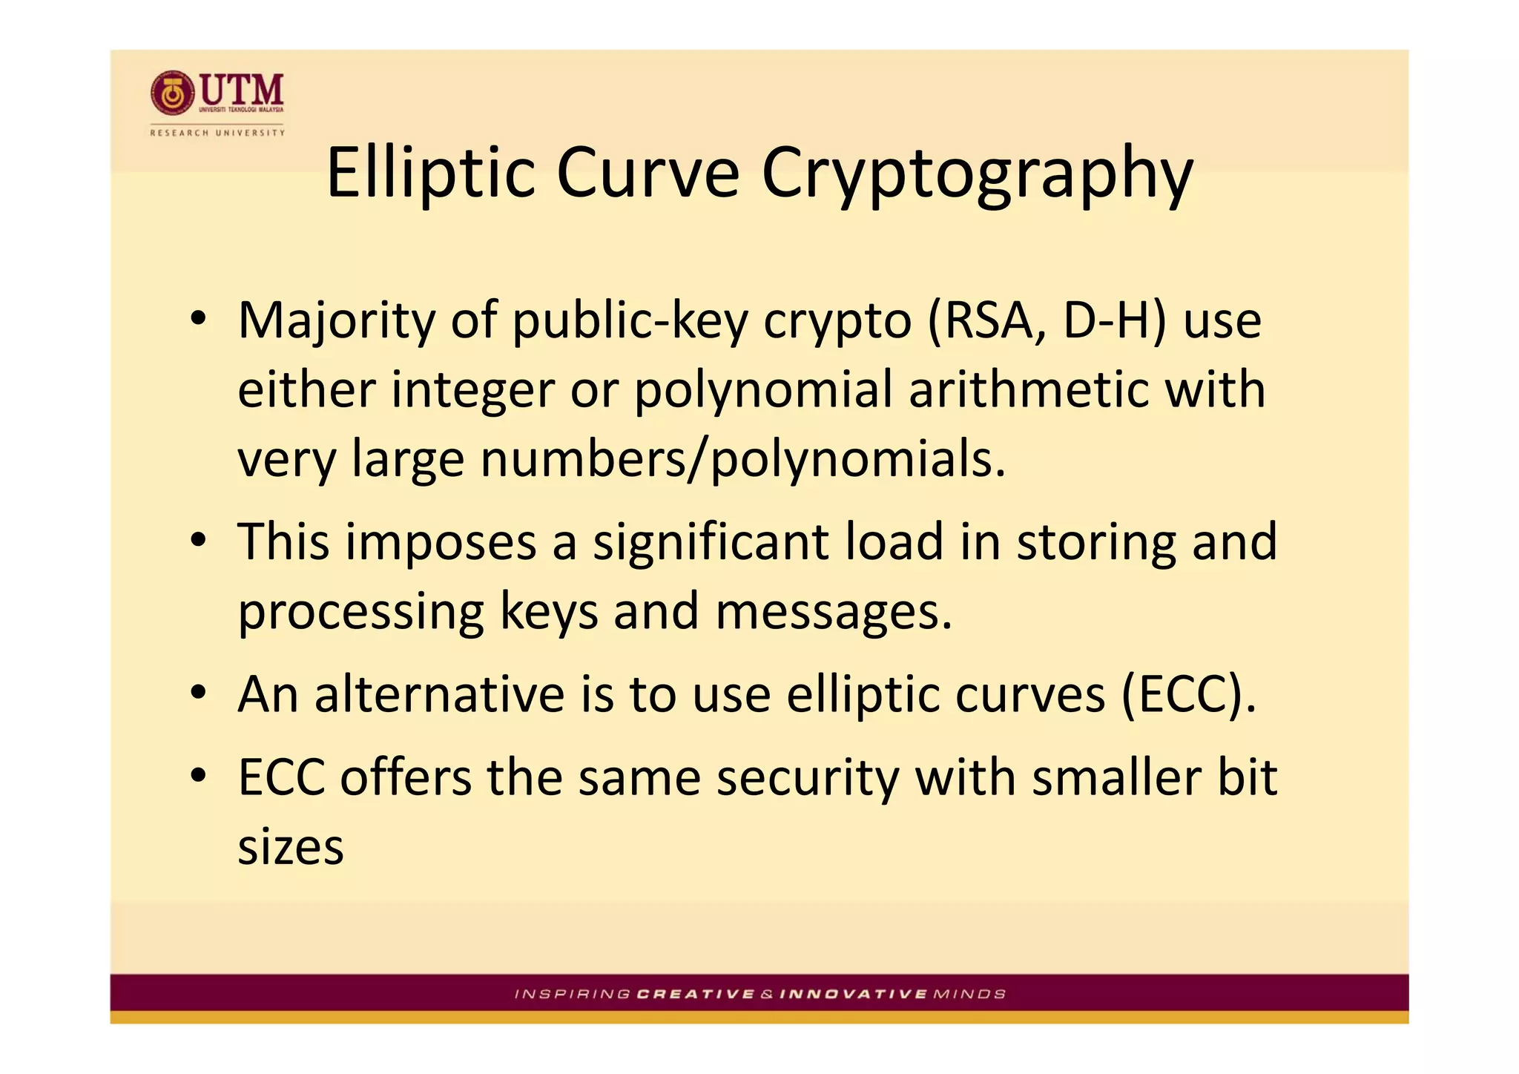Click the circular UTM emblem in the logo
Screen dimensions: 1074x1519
coord(173,93)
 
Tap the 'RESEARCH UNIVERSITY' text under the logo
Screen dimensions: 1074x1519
coord(217,133)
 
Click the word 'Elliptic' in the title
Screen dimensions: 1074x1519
coord(430,174)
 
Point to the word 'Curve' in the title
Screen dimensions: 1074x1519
coord(648,174)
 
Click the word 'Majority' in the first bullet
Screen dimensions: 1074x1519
coord(336,322)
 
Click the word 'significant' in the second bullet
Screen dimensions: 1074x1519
coord(710,541)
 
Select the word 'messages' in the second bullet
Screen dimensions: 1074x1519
coord(833,612)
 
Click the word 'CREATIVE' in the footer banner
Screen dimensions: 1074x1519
coord(695,994)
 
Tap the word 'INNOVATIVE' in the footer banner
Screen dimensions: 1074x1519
coord(853,994)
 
